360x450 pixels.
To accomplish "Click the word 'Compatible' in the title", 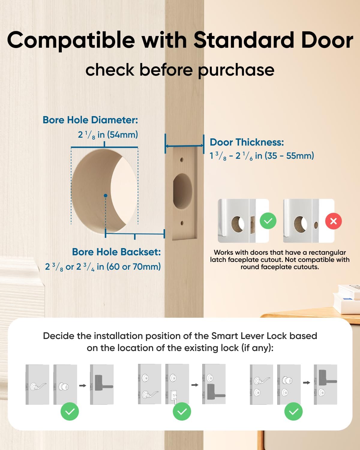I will coord(71,40).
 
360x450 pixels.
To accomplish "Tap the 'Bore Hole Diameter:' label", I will coord(90,120).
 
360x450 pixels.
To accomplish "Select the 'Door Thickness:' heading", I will coord(247,142).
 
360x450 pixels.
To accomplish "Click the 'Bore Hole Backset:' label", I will coord(116,252).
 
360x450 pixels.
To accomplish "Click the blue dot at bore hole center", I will coord(105,196).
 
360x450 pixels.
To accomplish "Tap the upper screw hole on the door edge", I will coord(182,160).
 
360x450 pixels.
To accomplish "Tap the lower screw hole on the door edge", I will coord(182,223).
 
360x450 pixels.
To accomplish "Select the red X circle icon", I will coord(333,221).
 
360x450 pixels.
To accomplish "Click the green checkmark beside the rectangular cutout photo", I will coord(268,221).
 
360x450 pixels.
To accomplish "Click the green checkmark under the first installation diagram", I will coord(70,412).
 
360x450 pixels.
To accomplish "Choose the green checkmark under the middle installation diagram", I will coord(182,412).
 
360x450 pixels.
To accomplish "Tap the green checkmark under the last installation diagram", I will coord(293,412).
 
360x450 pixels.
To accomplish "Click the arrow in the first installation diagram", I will coord(83,385).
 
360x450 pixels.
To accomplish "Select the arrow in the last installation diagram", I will coord(307,383).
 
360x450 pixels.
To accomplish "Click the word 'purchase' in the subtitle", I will coord(236,70).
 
